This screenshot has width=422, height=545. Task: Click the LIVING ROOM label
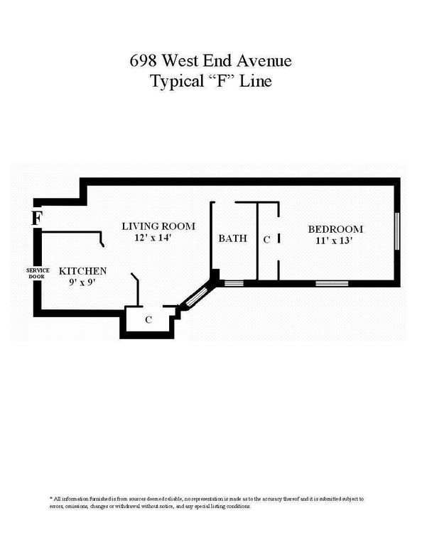tap(158, 226)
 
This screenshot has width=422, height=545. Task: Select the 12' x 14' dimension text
tap(158, 238)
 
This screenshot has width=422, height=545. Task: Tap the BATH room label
tap(232, 238)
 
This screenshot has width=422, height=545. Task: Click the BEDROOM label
tap(335, 229)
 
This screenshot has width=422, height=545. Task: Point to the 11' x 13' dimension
tap(335, 241)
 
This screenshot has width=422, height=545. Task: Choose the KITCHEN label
tap(82, 271)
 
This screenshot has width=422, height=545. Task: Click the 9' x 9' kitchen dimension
tap(82, 282)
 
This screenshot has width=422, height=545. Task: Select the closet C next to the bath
tap(266, 240)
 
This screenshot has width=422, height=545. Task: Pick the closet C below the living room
tap(148, 319)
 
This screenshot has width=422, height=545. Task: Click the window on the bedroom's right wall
tap(398, 231)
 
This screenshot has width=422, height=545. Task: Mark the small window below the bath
tap(234, 283)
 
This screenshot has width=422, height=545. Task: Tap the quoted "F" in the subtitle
tap(223, 81)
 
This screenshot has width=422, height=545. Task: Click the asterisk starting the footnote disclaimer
tap(51, 500)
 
